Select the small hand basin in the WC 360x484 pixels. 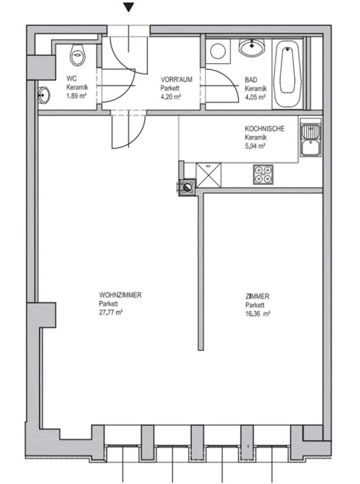44,95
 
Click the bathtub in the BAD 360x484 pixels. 287,74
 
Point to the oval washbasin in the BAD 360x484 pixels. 252,48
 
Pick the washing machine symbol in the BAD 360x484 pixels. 218,51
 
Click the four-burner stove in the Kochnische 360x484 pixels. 263,175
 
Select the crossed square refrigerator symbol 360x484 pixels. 209,175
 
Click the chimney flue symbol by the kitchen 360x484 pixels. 187,187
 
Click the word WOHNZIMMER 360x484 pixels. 120,295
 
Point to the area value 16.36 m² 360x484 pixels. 258,314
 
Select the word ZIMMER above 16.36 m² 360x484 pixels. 257,296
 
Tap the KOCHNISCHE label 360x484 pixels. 265,129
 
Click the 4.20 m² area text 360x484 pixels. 171,97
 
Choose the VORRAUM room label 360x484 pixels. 176,80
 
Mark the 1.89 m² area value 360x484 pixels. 76,96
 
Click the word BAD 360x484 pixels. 251,80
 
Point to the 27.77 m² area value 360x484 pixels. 111,312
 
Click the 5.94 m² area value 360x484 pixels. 255,146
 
